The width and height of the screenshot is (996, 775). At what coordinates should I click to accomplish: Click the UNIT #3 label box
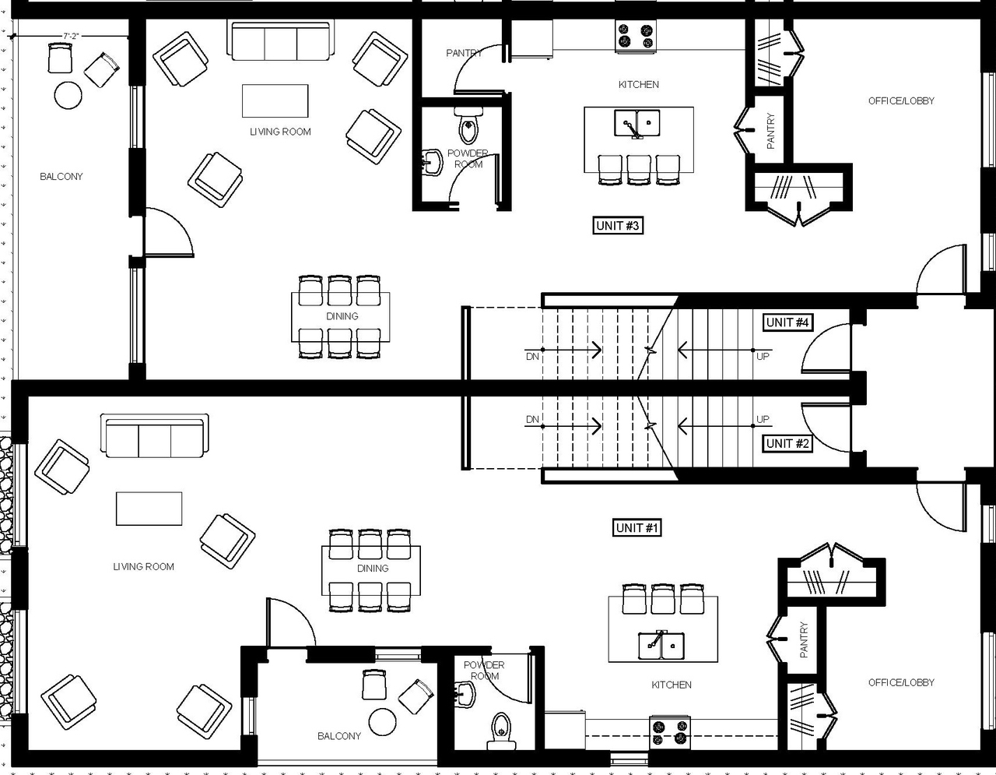(618, 226)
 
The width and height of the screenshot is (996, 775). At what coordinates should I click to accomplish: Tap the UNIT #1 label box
(637, 528)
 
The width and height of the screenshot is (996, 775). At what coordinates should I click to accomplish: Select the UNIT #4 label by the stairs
(788, 322)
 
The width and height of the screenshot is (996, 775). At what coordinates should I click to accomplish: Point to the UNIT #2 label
(788, 444)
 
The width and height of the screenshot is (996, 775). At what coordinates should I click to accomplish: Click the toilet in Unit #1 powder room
(500, 729)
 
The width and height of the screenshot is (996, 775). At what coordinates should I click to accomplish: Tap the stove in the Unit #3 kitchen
(635, 37)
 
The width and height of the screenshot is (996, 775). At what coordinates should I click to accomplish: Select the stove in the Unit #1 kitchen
(670, 732)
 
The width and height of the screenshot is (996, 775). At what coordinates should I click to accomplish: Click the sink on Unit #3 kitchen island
(637, 123)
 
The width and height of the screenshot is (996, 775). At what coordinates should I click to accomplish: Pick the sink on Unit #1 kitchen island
(662, 644)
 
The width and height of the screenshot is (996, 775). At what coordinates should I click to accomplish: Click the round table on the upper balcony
(68, 96)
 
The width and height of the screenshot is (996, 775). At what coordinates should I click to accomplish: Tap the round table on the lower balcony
(383, 722)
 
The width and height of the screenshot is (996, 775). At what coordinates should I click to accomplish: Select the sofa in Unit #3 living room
(280, 41)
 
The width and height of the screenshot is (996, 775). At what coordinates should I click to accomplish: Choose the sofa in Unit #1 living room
(154, 436)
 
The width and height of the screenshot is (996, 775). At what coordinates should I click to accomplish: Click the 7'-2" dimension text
(72, 36)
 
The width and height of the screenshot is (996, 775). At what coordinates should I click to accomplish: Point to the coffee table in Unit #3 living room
(275, 100)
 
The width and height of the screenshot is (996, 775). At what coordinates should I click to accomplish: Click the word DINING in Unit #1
(372, 569)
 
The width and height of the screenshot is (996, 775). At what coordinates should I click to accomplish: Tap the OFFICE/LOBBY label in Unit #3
(901, 100)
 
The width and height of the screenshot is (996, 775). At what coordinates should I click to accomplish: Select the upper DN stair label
(532, 357)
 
